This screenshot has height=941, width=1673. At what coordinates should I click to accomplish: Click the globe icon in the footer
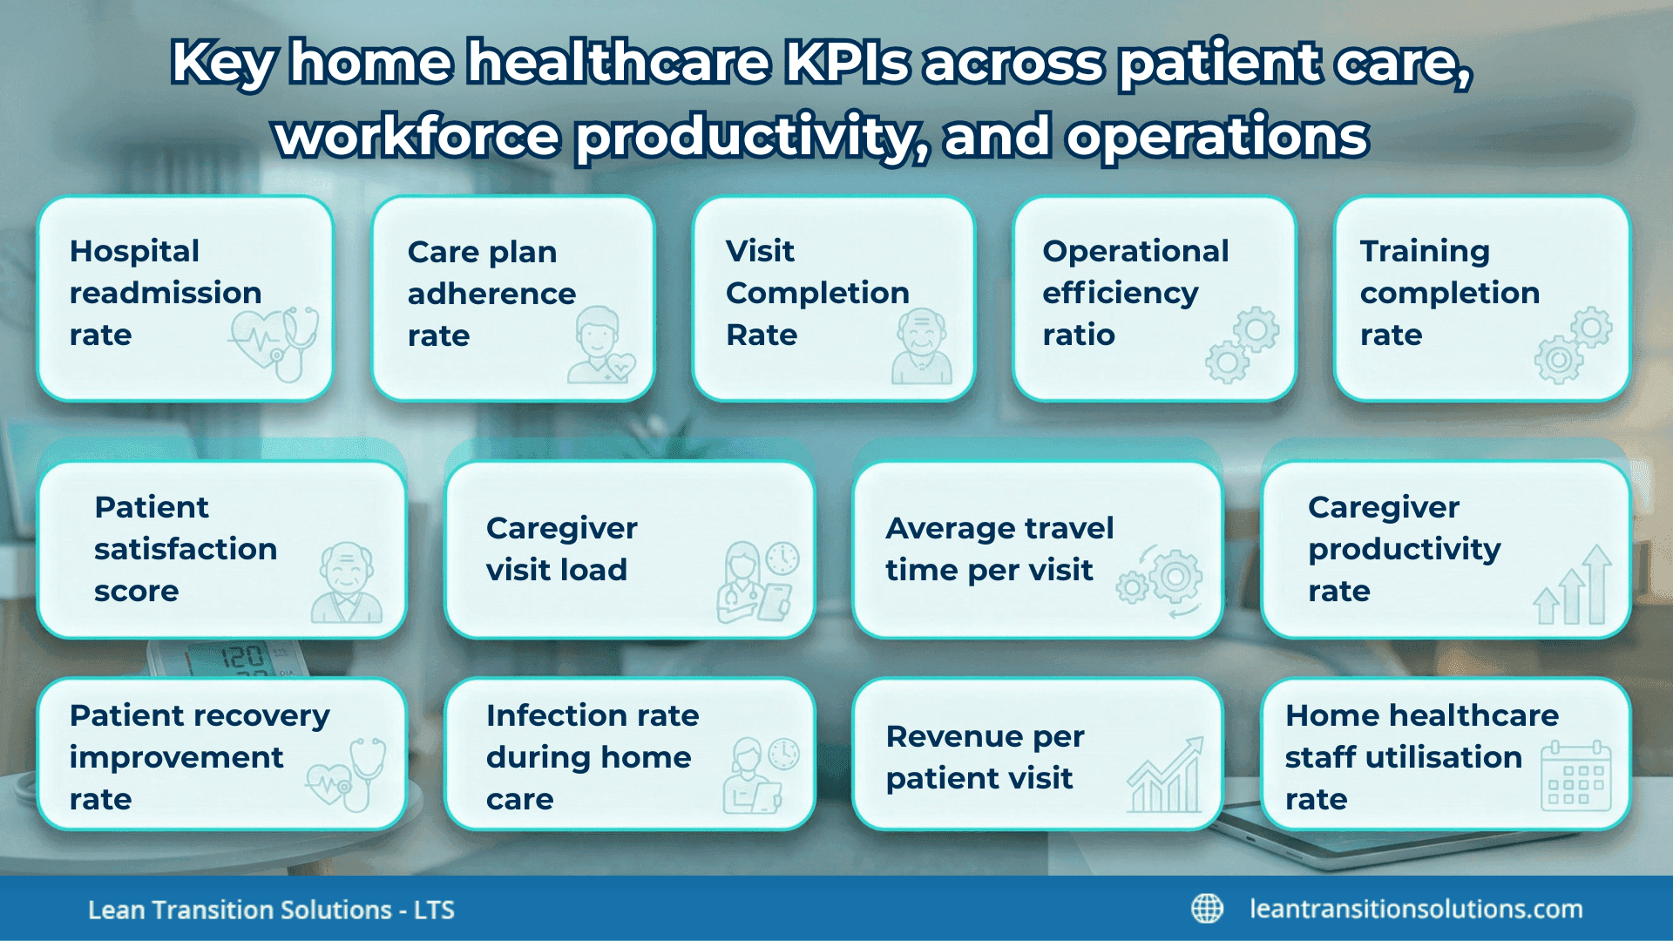[1207, 909]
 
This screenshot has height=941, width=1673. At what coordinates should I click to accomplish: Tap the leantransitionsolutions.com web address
[1416, 909]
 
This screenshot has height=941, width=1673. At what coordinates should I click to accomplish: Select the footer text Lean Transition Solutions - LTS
[271, 910]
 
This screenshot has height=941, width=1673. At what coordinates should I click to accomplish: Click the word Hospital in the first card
[134, 251]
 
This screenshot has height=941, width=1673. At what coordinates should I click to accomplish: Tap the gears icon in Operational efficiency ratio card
[1243, 344]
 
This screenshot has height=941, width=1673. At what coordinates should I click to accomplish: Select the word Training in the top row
[1425, 251]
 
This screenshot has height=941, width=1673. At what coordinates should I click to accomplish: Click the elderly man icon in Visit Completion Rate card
[921, 347]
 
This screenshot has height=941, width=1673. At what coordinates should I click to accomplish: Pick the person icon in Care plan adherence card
[601, 346]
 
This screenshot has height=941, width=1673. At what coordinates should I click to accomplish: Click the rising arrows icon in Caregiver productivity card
[1574, 586]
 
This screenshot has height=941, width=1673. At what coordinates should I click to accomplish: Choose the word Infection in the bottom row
[556, 715]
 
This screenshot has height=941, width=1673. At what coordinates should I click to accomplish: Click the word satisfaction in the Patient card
[186, 549]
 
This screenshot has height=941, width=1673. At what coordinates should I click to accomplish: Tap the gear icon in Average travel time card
[1162, 581]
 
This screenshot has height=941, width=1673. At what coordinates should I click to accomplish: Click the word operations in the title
[1217, 137]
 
